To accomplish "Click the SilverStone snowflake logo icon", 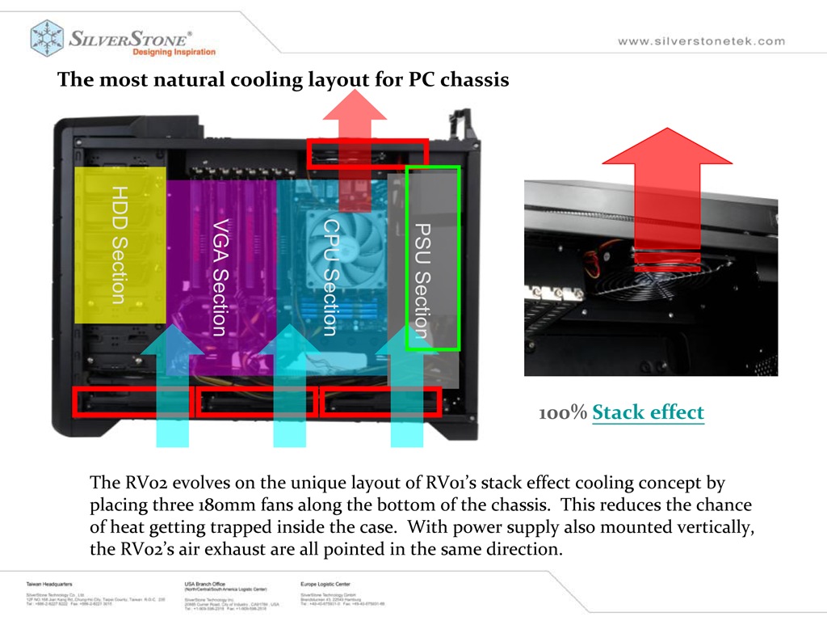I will click(47, 38).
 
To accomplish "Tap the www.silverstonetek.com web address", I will click(701, 41).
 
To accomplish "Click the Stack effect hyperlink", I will click(648, 412).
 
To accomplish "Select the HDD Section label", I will click(120, 245).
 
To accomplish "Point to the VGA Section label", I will click(220, 277).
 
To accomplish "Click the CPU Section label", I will click(330, 277).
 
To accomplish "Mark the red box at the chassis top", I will click(367, 153).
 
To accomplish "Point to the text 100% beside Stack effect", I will click(563, 413).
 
